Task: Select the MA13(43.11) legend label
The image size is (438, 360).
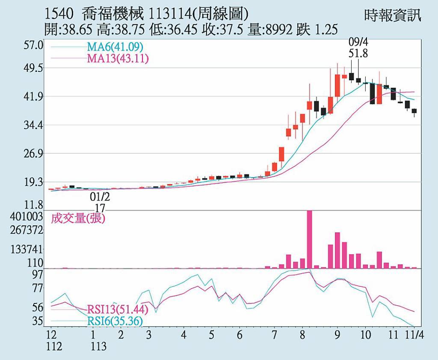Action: (x=118, y=58)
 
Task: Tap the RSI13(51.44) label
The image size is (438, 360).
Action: (x=118, y=309)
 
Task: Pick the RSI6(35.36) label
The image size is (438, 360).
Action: (x=115, y=321)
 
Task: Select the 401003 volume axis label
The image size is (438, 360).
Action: (x=27, y=217)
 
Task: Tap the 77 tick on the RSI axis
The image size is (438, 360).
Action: (x=38, y=288)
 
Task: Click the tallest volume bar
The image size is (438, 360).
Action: (x=310, y=239)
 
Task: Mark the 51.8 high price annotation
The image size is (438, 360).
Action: (x=358, y=54)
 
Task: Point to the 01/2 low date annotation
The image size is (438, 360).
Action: (x=100, y=197)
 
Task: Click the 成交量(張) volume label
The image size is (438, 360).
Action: (x=78, y=219)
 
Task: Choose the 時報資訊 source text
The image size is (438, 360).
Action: (x=393, y=15)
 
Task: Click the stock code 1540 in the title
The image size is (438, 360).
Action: (x=59, y=15)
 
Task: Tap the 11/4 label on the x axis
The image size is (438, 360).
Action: (x=414, y=335)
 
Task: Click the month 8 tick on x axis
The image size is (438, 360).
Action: (x=302, y=335)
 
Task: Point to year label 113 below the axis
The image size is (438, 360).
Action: (x=99, y=346)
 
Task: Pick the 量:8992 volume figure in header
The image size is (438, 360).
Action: (x=270, y=30)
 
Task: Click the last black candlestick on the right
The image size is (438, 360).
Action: (x=414, y=111)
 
